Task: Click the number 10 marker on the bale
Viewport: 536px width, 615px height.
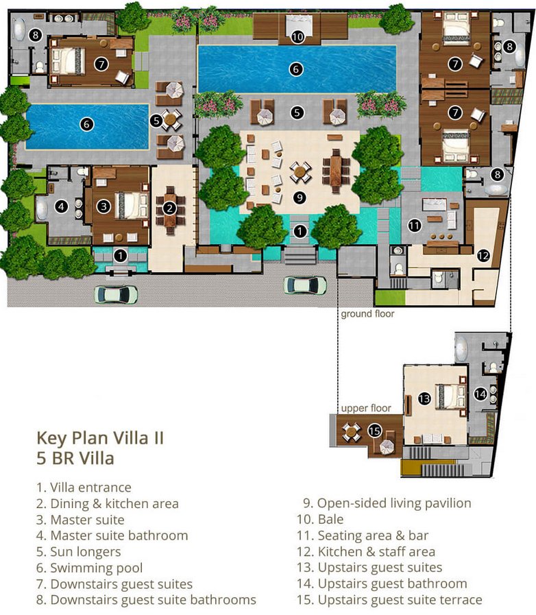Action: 297,37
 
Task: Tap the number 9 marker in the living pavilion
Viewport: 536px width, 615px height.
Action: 300,197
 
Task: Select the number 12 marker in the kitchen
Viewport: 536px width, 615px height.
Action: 483,256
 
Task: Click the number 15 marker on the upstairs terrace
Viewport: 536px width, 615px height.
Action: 374,431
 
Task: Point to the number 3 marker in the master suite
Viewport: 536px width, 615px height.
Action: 103,206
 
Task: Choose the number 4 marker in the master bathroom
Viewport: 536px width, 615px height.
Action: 61,206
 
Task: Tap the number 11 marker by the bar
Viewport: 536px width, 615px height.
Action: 415,225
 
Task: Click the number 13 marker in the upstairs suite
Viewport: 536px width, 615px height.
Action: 424,398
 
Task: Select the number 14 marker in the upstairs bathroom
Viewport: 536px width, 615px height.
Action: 480,394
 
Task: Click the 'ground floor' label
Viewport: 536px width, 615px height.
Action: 367,314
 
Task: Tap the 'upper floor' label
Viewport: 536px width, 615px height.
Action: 366,409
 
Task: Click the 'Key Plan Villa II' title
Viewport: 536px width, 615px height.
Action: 100,438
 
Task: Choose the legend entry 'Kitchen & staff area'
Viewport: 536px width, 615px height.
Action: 366,551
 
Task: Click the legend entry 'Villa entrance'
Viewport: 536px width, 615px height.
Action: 84,487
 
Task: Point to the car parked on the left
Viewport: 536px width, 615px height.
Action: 116,294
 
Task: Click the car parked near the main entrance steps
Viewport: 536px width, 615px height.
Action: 305,285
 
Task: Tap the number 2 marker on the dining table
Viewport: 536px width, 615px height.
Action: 169,208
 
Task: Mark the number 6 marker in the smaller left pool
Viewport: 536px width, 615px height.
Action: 86,124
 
